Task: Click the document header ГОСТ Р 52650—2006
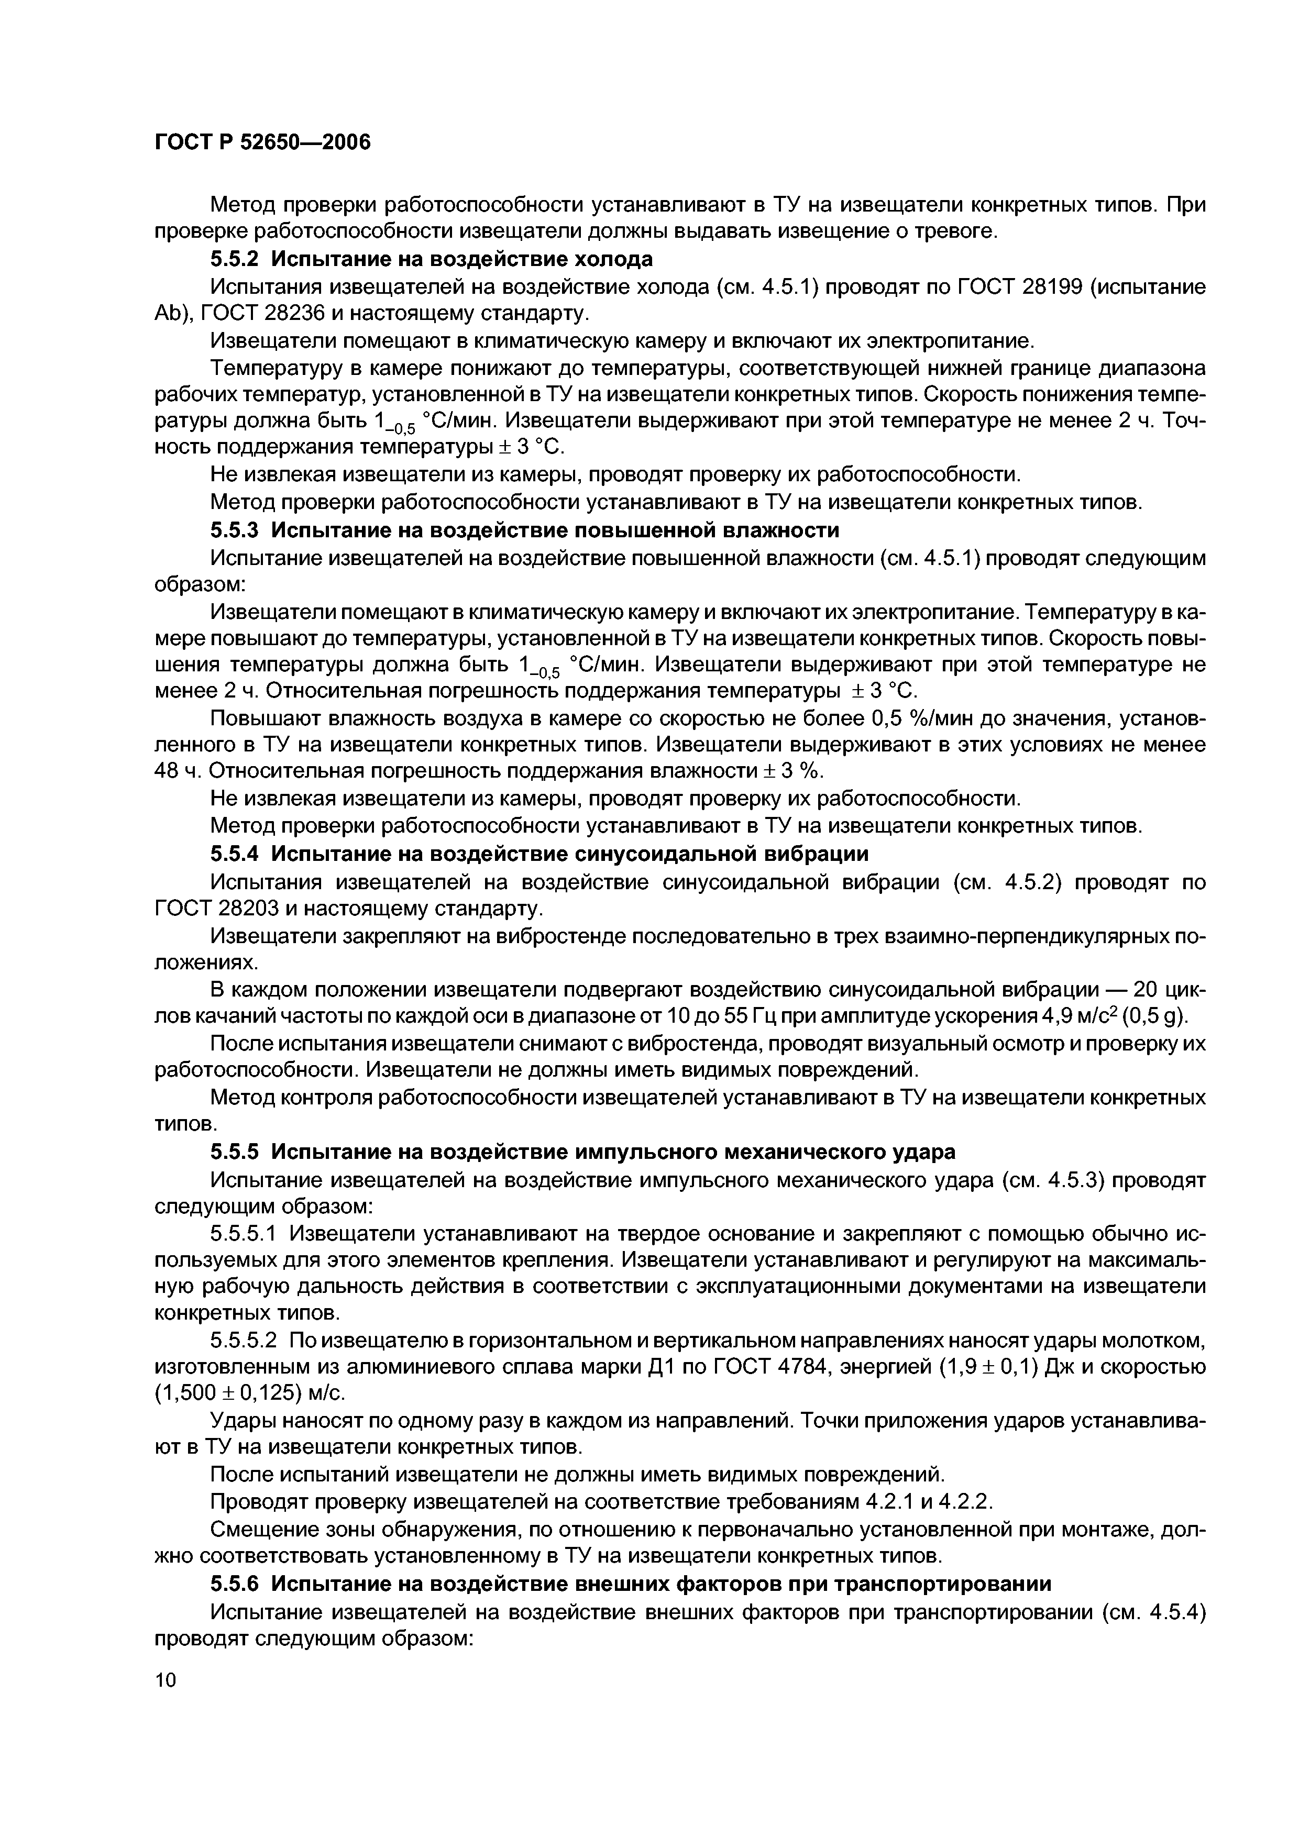[x=262, y=142]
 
